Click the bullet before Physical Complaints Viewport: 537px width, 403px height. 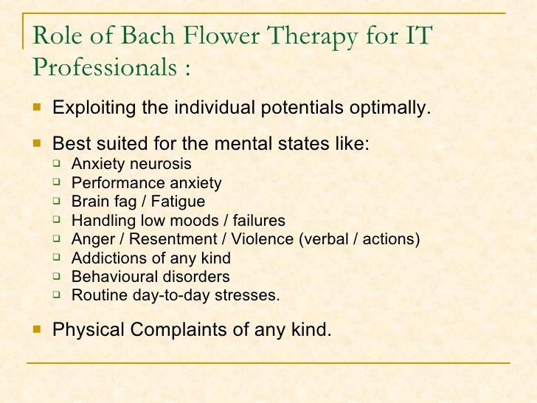[37, 329]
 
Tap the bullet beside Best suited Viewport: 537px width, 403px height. [37, 144]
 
